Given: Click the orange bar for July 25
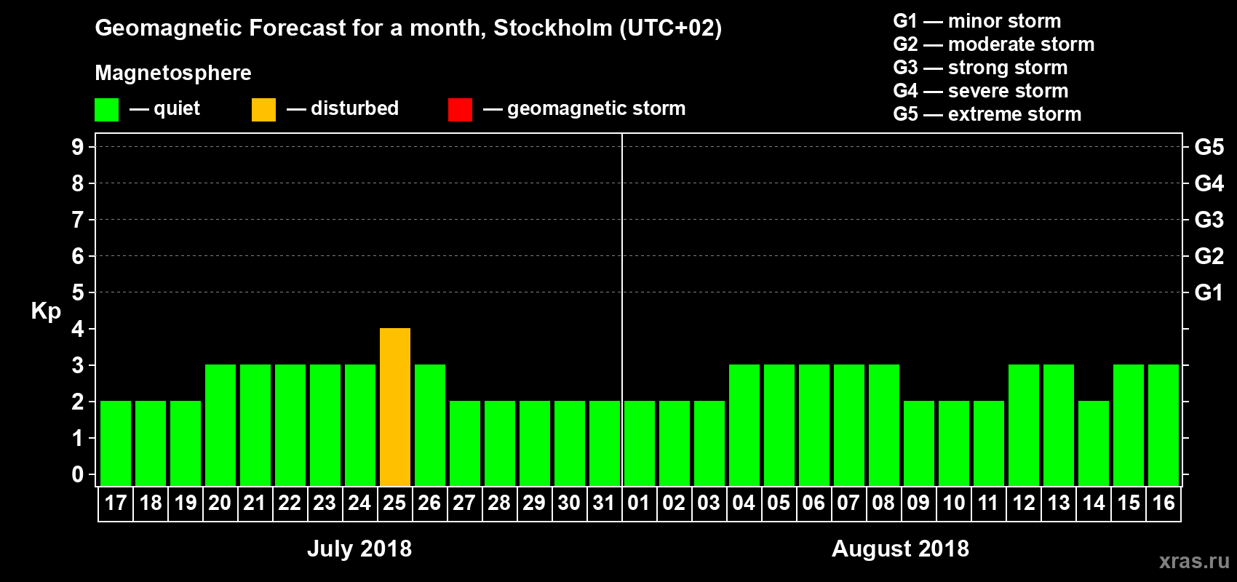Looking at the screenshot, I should (x=395, y=407).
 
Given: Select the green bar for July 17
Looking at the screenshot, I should (x=116, y=443).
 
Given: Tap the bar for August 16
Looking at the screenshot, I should (x=1164, y=425).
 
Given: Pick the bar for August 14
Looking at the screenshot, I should (x=1094, y=443).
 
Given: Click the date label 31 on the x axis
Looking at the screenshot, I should (x=604, y=503).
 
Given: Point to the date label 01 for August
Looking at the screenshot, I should (x=639, y=503).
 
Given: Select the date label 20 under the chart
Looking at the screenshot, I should (x=220, y=503).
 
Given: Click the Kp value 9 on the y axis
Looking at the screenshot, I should (x=78, y=147).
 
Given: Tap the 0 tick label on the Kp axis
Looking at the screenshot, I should (x=78, y=474).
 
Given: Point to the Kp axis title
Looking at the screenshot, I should (x=46, y=311).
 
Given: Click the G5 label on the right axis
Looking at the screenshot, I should (x=1209, y=147).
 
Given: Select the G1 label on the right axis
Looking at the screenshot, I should (x=1209, y=292).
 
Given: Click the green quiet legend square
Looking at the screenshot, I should (x=107, y=110).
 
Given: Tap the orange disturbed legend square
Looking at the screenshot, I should (x=264, y=110).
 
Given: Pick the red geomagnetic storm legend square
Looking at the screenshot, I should (x=460, y=110).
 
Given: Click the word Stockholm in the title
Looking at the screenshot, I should (x=553, y=28).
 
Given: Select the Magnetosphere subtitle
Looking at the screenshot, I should (x=173, y=73).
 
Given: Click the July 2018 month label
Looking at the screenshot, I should (x=359, y=549).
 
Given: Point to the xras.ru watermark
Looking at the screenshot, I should (x=1194, y=561).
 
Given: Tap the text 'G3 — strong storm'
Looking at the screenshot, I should (x=980, y=68).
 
